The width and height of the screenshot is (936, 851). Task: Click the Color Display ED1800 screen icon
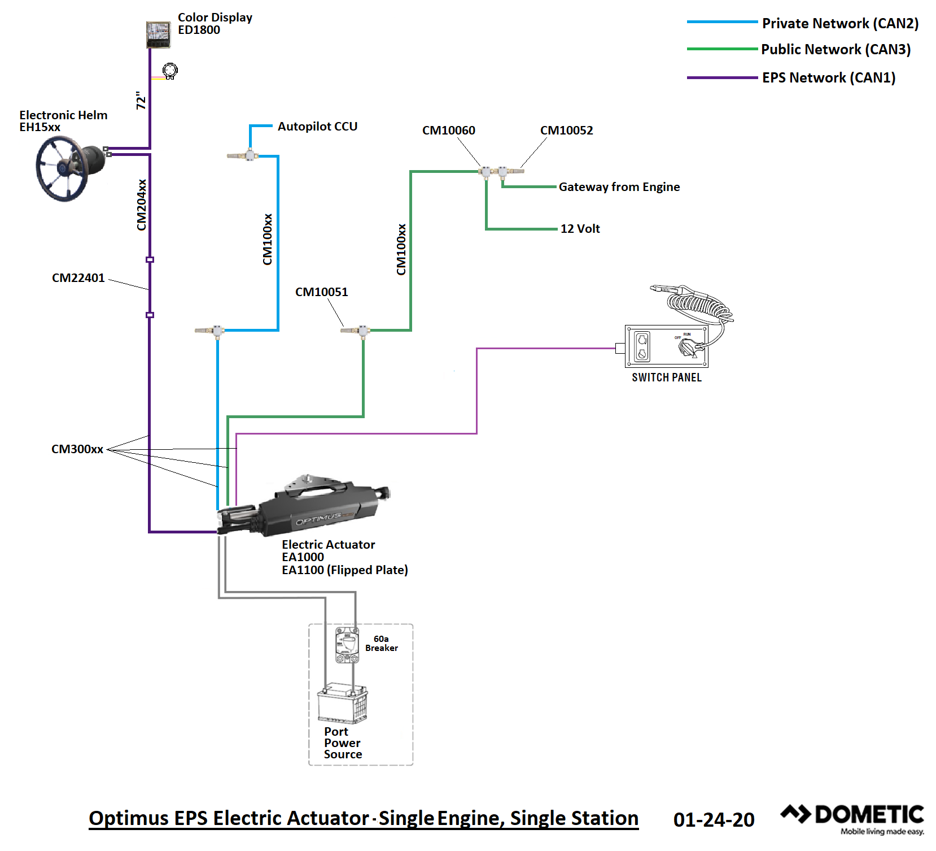pos(158,34)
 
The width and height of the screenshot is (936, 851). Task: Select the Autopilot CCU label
pos(317,127)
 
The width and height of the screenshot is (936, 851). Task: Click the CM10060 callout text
pos(449,131)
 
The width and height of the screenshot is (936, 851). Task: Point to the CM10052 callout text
pos(567,131)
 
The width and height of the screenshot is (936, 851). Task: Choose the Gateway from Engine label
pos(619,187)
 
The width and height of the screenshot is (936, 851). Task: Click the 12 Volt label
pos(580,229)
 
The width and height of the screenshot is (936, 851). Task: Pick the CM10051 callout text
pos(322,292)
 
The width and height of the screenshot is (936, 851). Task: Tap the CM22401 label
pos(78,278)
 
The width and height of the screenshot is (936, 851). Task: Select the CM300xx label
pos(77,449)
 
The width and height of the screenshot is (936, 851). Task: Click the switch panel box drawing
pos(666,346)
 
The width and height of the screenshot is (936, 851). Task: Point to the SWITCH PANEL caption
pos(667,377)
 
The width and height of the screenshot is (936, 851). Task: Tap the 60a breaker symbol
pos(347,644)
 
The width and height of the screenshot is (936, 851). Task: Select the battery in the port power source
pos(342,703)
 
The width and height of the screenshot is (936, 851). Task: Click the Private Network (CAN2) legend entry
pos(803,23)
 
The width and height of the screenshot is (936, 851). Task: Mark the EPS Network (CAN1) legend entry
pos(791,77)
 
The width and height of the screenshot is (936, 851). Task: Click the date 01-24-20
pos(714,820)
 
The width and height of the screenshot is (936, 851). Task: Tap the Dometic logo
pos(852,819)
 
